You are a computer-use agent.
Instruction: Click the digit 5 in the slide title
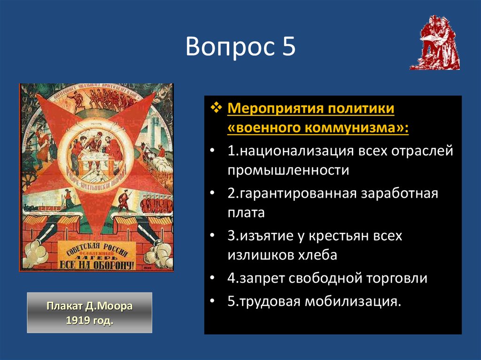pyautogui.click(x=288, y=47)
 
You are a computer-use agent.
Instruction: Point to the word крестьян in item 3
pyautogui.click(x=342, y=235)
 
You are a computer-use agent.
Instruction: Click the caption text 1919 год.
pyautogui.click(x=89, y=322)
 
